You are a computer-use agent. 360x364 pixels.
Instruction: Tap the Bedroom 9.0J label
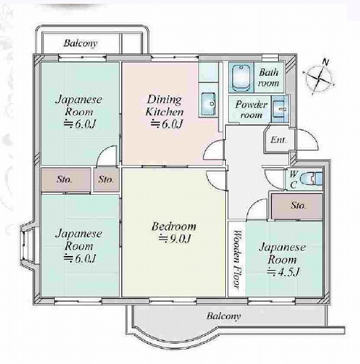point(174,232)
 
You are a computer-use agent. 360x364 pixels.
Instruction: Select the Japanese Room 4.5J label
point(282,259)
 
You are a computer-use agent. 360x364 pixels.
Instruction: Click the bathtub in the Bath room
point(242,78)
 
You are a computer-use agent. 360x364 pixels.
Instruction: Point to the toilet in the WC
point(311,179)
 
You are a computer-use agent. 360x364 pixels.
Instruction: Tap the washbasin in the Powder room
point(279,109)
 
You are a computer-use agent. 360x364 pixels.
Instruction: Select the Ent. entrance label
point(279,140)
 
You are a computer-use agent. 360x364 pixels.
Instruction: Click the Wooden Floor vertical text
point(236,259)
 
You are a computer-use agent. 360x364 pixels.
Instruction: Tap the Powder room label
point(251,109)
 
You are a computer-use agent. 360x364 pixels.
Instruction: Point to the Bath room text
point(268,78)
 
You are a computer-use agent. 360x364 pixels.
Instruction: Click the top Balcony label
point(80,44)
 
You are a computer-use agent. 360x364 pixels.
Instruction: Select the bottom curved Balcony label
point(223,316)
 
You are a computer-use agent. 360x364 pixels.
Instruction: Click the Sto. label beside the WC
point(298,206)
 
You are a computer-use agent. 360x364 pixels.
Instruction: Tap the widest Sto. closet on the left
point(66,180)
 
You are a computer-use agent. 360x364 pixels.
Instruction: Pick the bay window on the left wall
point(27,243)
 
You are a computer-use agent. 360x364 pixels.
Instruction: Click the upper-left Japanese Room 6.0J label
point(79,112)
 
